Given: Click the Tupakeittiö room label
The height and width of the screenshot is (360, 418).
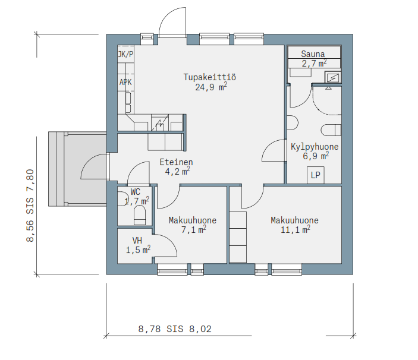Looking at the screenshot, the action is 209,77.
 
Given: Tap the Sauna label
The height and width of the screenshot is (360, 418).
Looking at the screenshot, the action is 313,54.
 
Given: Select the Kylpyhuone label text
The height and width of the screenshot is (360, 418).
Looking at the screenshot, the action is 315,147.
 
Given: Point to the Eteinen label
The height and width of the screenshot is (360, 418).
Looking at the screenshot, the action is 176,162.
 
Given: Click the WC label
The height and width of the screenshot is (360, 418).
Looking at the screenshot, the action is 136,192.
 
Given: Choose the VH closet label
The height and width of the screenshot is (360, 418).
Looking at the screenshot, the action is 137,241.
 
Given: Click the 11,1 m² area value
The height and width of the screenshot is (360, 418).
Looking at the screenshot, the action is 295,229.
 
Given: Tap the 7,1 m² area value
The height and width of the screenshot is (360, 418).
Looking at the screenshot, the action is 193,229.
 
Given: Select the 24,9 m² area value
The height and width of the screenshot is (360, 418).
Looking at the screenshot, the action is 211,87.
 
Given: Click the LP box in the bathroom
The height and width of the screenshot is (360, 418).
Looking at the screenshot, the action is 315,175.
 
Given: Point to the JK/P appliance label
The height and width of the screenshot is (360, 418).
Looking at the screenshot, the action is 125,54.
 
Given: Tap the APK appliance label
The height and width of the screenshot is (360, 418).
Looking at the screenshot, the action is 125,82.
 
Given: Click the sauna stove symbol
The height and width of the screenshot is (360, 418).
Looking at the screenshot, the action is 333,78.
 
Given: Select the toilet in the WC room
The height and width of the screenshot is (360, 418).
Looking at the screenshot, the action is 139,216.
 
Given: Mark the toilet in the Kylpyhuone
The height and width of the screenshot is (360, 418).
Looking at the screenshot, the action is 331,131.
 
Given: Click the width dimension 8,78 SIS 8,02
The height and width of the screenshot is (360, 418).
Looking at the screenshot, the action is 175,329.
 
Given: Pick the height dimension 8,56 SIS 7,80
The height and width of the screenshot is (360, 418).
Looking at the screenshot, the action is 30,206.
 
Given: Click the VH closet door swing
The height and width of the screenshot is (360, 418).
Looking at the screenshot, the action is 166,245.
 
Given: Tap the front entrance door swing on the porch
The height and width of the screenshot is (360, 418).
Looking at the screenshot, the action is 95,166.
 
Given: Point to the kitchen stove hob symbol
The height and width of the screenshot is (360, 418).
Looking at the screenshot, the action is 160,123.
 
